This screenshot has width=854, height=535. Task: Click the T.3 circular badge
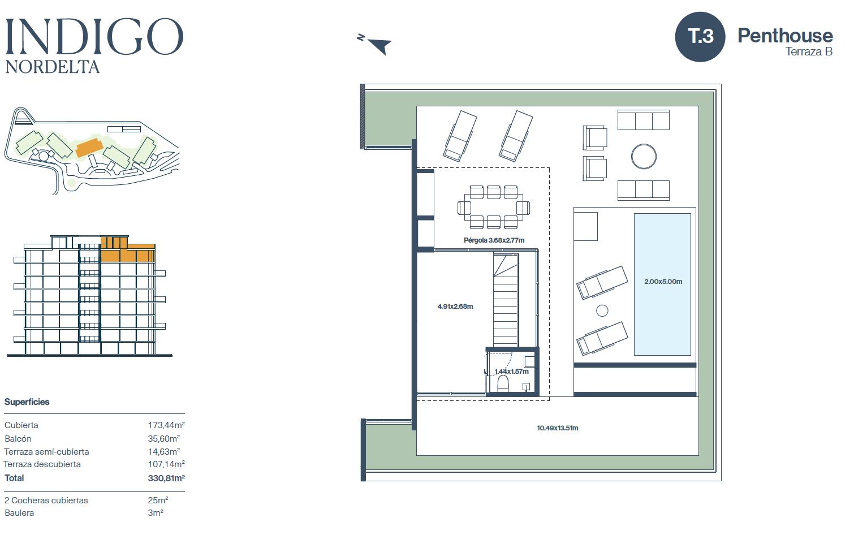tap(700, 37)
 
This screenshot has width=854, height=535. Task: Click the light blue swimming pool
tap(662, 284)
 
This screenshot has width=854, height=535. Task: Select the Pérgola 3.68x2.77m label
tap(494, 240)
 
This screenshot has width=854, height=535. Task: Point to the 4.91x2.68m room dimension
tap(455, 306)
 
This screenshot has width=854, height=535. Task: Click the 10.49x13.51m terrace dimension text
tap(558, 428)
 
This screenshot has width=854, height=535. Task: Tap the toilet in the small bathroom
tap(503, 383)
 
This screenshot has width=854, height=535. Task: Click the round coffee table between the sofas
tap(644, 156)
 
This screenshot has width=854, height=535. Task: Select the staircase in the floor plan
tap(506, 300)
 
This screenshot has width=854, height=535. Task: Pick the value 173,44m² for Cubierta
tap(166, 425)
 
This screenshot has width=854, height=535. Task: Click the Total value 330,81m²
tap(166, 478)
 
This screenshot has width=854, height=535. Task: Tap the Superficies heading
tap(27, 402)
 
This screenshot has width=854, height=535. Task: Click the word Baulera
tap(19, 513)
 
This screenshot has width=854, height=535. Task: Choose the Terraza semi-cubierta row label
tap(46, 452)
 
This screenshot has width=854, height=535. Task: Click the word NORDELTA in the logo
tap(53, 67)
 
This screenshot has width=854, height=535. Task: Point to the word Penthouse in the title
tap(785, 36)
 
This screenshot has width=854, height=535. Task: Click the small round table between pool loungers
tap(602, 311)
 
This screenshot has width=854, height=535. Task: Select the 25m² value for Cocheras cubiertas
tap(158, 500)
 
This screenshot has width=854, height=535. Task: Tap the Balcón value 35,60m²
tap(164, 438)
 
